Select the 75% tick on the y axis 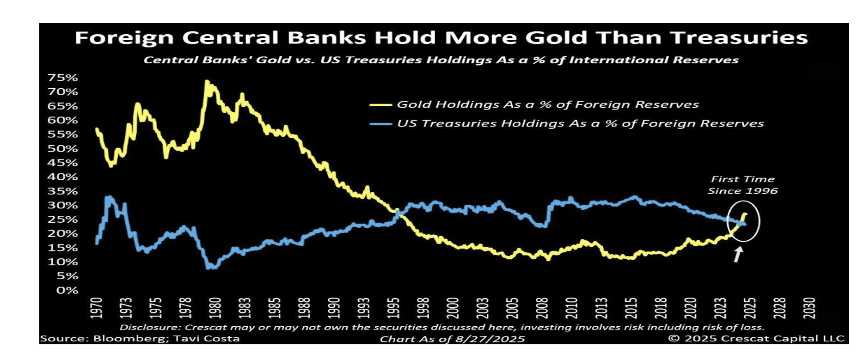[62, 77]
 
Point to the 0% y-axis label [67, 290]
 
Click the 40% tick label [62, 177]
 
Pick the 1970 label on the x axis [96, 308]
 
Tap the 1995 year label [393, 308]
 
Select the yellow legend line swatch [380, 105]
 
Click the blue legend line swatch [380, 124]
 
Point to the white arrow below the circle [738, 254]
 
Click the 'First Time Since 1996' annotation [742, 185]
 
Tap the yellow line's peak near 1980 [206, 81]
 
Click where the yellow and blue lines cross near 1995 [397, 212]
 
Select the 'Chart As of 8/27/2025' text [452, 339]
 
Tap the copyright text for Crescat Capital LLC [756, 338]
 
